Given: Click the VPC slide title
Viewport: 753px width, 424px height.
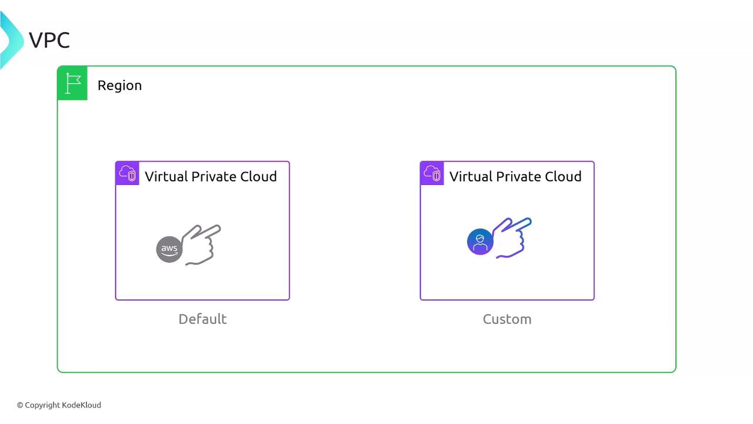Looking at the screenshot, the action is click(x=49, y=41).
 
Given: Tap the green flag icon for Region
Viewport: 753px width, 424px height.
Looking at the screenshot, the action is click(x=72, y=83).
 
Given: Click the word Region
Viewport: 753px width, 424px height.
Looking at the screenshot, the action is click(x=119, y=85).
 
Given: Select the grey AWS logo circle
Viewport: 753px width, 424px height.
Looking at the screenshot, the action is click(x=169, y=249).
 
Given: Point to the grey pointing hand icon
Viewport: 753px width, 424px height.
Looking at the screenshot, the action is click(x=201, y=244).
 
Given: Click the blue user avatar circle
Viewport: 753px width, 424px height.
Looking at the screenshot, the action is click(x=480, y=241).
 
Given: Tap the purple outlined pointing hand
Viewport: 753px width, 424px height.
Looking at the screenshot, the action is click(x=512, y=237).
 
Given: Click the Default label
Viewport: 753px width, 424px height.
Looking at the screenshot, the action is click(x=202, y=319).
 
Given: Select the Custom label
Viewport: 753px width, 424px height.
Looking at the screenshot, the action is click(x=507, y=319).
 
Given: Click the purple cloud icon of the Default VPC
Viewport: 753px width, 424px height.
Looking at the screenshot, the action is click(x=128, y=173).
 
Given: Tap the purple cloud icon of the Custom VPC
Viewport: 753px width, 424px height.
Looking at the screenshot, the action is click(x=432, y=173).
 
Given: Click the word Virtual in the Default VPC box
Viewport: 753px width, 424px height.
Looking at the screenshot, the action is click(x=166, y=176).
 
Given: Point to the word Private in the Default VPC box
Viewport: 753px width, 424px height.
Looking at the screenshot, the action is click(x=214, y=176).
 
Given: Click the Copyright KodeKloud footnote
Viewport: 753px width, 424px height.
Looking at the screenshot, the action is click(x=59, y=405).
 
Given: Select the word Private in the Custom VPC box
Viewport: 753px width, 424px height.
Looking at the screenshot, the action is click(x=518, y=176).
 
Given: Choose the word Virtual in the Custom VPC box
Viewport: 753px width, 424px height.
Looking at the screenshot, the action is click(x=471, y=176).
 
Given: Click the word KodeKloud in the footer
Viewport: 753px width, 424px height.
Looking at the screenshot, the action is click(x=82, y=405).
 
